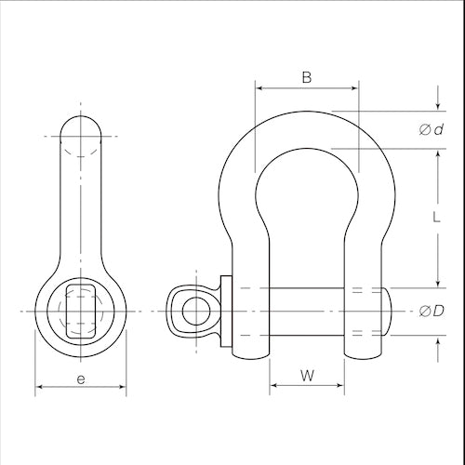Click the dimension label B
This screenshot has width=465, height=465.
coord(307,77)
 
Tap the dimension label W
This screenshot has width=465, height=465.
coord(307,376)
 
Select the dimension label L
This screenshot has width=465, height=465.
coord(436,218)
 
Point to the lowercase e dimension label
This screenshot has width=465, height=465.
coord(81,379)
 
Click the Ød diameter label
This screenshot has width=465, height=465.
coord(432,129)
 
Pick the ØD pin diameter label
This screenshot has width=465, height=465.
coord(432,311)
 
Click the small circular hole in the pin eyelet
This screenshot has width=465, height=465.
coord(196,311)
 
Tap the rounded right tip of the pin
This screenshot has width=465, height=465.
coord(388,312)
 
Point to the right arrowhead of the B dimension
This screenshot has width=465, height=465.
coord(353,88)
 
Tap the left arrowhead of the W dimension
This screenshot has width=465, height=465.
coord(274,385)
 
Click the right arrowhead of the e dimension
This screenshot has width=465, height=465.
coord(122,387)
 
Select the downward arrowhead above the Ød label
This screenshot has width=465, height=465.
coord(438,106)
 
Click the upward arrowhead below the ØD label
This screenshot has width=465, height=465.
coord(438,342)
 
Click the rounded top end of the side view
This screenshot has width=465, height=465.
coord(81,116)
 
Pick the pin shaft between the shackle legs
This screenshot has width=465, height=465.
coord(307,312)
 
